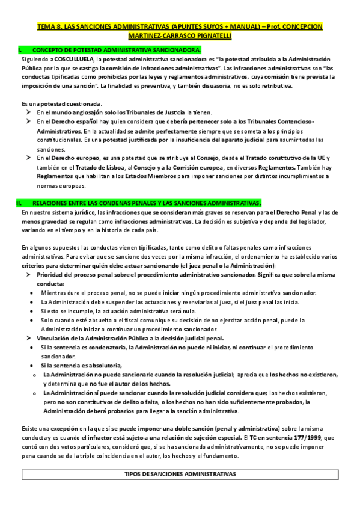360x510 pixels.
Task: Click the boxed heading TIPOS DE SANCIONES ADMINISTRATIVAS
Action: tap(180, 473)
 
